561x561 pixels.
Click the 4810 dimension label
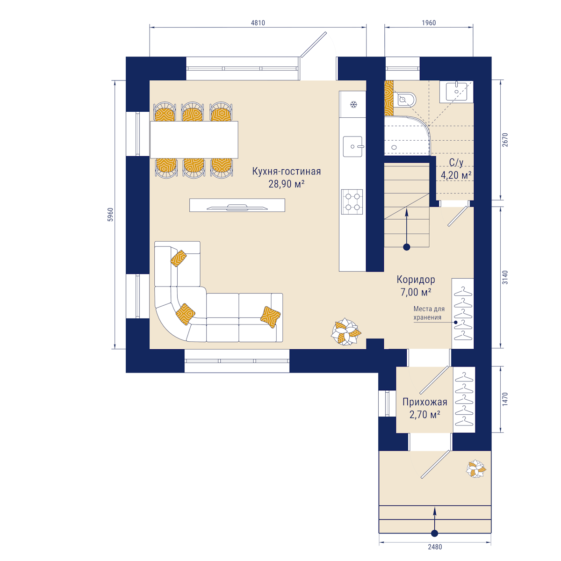point(258,23)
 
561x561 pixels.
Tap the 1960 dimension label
point(429,23)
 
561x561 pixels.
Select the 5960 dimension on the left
point(110,215)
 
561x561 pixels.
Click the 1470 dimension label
point(505,399)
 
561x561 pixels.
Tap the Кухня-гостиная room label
point(287,171)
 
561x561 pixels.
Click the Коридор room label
point(416,280)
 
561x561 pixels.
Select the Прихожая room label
point(425,402)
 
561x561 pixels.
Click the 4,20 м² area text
point(456,175)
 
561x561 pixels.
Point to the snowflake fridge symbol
point(353,104)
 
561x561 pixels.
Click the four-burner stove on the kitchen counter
point(352,202)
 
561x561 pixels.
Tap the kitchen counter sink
point(352,146)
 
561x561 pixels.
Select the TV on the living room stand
point(237,207)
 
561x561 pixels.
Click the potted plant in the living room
point(346,331)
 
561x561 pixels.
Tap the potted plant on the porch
point(476,469)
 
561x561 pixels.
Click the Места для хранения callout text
point(429,313)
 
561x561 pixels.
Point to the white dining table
point(194,140)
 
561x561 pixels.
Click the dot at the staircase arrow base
point(406,247)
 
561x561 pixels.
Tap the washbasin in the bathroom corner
point(456,92)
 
